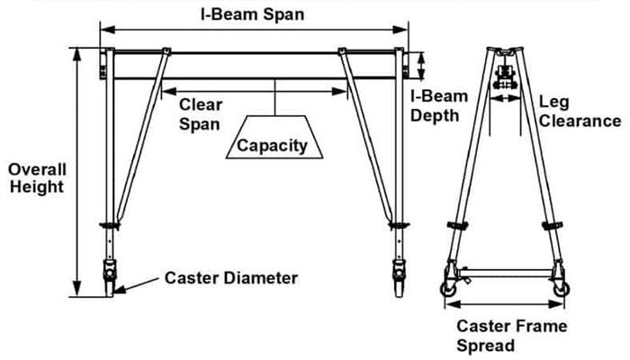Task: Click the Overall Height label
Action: pos(36,177)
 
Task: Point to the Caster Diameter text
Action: pos(230,278)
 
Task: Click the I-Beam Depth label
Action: pos(435,106)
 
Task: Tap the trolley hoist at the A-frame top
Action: pos(504,77)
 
